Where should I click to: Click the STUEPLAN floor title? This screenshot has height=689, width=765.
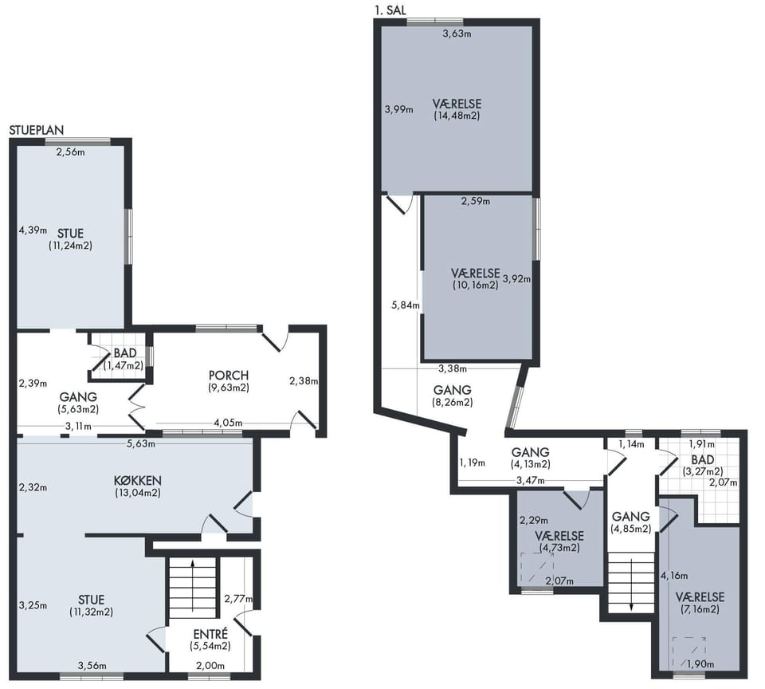[x=37, y=130]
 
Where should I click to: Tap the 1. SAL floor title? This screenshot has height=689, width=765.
[x=390, y=10]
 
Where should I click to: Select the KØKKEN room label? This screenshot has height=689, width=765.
[x=138, y=481]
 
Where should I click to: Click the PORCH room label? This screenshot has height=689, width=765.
[x=229, y=376]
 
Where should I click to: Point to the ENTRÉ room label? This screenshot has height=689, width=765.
[x=210, y=634]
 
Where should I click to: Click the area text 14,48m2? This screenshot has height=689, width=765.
[x=457, y=116]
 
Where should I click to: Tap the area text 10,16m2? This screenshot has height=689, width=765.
[x=475, y=285]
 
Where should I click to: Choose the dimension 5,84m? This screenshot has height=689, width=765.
[x=406, y=305]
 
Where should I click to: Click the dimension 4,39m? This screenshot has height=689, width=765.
[x=33, y=230]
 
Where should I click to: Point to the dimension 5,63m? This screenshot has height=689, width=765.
[x=141, y=444]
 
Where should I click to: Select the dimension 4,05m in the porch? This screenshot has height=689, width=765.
[x=228, y=423]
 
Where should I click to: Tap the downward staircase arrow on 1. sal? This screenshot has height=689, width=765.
[x=631, y=585]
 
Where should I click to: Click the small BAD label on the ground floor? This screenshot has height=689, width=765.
[x=125, y=353]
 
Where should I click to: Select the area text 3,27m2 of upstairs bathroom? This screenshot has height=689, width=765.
[x=703, y=472]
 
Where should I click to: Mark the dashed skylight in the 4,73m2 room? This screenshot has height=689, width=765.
[x=537, y=568]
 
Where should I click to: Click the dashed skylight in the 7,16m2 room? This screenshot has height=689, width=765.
[x=689, y=652]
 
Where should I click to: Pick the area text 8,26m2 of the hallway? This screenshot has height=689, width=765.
[x=453, y=403]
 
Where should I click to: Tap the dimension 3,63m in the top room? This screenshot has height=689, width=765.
[x=457, y=33]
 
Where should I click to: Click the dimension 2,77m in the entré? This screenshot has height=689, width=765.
[x=238, y=599]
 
